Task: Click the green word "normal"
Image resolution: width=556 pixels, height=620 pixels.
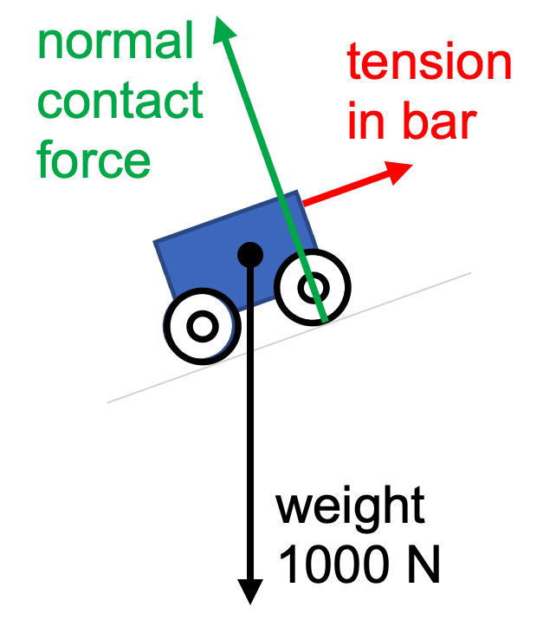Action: (x=115, y=44)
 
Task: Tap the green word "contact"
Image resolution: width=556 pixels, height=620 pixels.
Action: (x=121, y=102)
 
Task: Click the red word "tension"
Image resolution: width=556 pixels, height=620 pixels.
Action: (x=430, y=64)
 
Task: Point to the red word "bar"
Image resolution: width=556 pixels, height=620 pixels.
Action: (x=439, y=122)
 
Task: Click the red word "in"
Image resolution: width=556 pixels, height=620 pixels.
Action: (x=365, y=122)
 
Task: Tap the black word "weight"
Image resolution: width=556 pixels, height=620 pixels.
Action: (x=351, y=507)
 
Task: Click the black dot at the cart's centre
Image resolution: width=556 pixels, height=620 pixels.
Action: (x=250, y=253)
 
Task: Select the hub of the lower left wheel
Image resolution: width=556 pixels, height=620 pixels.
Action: (x=202, y=326)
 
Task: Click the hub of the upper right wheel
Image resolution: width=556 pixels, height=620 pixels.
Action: (x=313, y=286)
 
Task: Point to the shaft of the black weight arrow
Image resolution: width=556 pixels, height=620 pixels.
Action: (x=250, y=434)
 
